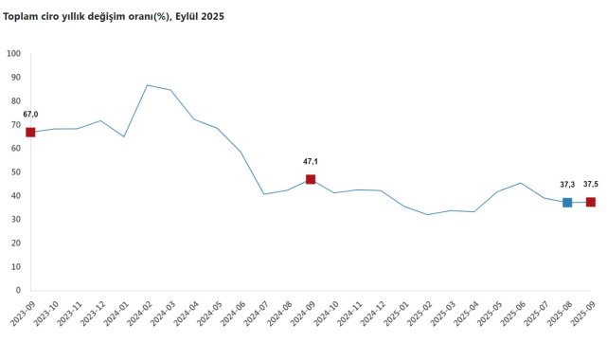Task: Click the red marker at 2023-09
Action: pos(30,132)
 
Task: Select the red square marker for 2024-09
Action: pos(311,179)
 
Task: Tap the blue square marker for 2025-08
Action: pos(567,202)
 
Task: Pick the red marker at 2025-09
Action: pos(591,202)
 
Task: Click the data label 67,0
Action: pos(30,115)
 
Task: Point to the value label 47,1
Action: pos(311,162)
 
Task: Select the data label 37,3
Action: pos(567,185)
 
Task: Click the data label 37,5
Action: pos(591,185)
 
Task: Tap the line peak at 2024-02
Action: pos(147,85)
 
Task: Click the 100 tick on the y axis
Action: pos(14,53)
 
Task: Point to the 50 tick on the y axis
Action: pos(16,172)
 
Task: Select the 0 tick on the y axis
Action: pos(19,291)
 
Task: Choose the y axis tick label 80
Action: pos(16,100)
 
